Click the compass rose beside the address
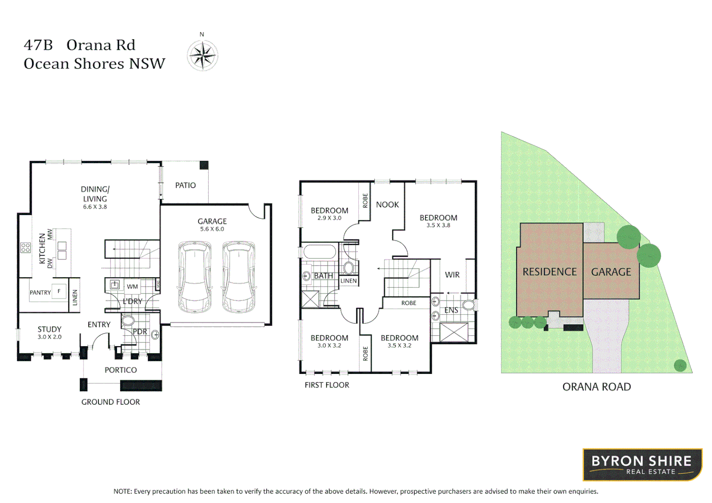[x=202, y=55]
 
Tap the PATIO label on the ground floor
[x=185, y=185]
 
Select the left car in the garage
[x=195, y=277]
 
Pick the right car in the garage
[x=239, y=277]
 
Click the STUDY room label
[x=49, y=329]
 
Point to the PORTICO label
[x=121, y=370]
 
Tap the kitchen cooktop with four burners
[x=26, y=247]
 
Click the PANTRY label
[x=40, y=292]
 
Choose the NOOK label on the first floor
[x=387, y=205]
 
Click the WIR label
[x=452, y=275]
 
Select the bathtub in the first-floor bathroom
[x=320, y=252]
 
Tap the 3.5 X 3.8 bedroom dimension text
[x=438, y=225]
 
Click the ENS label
[x=451, y=310]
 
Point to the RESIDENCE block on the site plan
[x=549, y=272]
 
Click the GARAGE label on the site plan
[x=611, y=272]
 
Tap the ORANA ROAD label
[x=596, y=387]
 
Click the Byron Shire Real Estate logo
[x=642, y=464]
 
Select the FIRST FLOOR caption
[x=327, y=385]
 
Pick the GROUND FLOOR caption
[x=110, y=402]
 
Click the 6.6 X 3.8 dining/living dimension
[x=95, y=207]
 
